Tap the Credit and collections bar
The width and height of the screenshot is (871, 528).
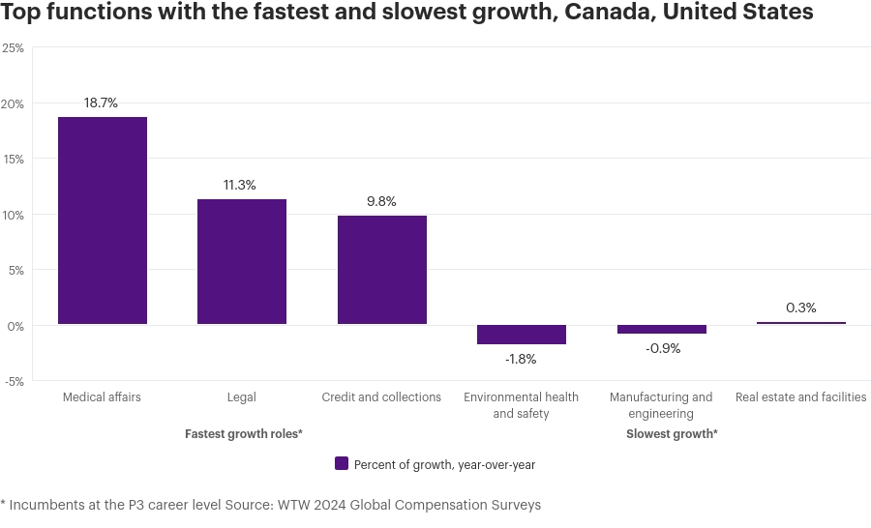point(382,270)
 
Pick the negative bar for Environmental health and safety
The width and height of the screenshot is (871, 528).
point(522,335)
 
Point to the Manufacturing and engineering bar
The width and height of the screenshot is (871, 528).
point(662,330)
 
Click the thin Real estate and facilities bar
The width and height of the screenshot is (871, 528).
point(801,323)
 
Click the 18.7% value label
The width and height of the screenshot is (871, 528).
point(102,103)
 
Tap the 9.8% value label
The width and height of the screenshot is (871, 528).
point(381,201)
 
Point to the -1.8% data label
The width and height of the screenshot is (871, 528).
point(521,359)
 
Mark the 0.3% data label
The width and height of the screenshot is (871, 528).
point(801,308)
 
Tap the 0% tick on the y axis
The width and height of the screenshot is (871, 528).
point(15,326)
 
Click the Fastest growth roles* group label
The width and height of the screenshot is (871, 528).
point(244,434)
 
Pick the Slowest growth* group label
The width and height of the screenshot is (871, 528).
point(672,434)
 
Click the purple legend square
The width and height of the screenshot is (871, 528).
point(341,463)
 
